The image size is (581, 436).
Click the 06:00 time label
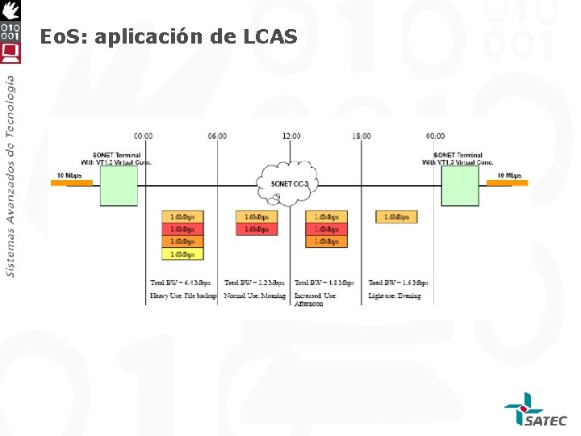tap(217, 136)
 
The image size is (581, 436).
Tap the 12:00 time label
tap(290, 136)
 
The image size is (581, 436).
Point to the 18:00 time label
tap(362, 136)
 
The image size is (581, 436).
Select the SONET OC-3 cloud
tap(289, 184)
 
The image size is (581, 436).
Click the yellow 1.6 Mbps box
tap(183, 254)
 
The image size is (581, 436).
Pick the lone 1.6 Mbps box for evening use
tap(396, 217)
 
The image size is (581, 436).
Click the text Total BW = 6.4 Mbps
tap(181, 283)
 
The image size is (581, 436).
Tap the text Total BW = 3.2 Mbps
tap(254, 283)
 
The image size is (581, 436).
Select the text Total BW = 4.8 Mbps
tap(324, 283)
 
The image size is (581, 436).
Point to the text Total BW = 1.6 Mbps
tap(399, 283)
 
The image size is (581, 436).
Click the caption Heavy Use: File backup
tap(183, 296)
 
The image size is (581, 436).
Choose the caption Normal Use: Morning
tap(255, 296)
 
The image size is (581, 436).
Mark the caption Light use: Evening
tap(395, 296)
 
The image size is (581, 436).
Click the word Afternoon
tap(309, 304)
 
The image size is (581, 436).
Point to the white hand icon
tap(10, 10)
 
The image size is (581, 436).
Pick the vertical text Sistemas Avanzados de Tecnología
tap(10, 176)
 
